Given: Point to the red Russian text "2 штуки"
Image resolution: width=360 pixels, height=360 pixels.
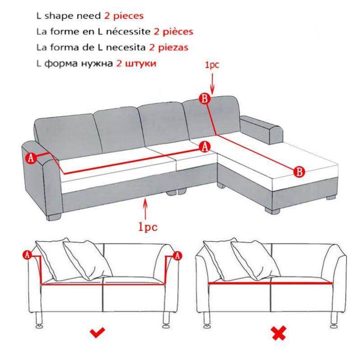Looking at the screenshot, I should pyautogui.click(x=136, y=64).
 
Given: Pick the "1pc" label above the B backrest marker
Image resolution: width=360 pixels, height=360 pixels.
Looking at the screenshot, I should pyautogui.click(x=212, y=65).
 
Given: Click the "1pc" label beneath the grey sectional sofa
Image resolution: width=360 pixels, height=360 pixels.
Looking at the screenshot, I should pyautogui.click(x=145, y=226).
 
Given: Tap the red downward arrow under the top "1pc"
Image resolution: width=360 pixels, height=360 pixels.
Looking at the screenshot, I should pyautogui.click(x=212, y=81).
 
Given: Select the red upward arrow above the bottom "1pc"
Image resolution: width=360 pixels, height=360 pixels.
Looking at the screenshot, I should pyautogui.click(x=145, y=209).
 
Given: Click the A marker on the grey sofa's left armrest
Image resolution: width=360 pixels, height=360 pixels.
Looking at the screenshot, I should pyautogui.click(x=31, y=158).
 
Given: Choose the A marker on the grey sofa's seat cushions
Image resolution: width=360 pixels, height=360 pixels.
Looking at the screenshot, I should pyautogui.click(x=205, y=146).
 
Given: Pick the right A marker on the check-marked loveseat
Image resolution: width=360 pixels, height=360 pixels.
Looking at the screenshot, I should pyautogui.click(x=178, y=256).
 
